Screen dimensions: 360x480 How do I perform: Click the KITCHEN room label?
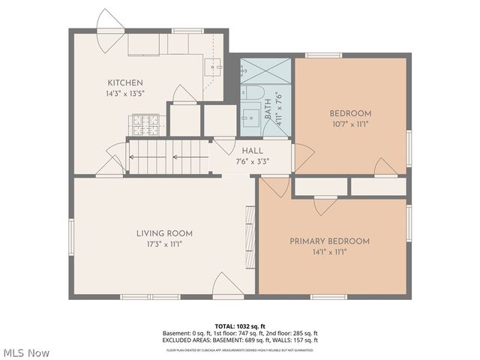pos(125,82)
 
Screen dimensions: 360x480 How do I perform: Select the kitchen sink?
pos(215,67)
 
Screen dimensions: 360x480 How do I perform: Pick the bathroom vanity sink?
pos(250,119)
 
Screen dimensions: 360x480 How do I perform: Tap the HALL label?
pos(252,151)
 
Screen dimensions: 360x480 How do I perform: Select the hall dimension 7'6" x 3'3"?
pos(252,160)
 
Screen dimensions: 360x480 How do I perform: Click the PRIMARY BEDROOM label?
pos(330,241)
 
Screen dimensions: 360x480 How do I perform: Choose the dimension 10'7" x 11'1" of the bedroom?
pos(349,124)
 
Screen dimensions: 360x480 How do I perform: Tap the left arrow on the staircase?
pos(133,157)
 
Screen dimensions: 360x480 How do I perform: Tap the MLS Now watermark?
pos(26,352)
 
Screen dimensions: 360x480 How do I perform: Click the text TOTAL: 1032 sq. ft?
pos(240,326)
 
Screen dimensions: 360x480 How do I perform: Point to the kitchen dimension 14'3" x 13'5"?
pos(125,93)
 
